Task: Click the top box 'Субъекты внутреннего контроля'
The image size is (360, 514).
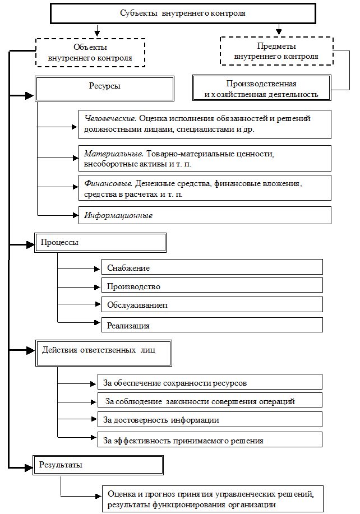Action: tap(183, 13)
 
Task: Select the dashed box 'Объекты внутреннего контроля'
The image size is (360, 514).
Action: tap(90, 53)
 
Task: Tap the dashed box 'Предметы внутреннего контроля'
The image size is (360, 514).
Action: tap(276, 51)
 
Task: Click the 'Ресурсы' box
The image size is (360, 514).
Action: tap(104, 87)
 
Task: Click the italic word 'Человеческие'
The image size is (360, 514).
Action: tap(110, 119)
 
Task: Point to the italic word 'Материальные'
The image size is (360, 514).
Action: tap(114, 153)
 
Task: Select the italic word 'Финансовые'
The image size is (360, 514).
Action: tap(108, 183)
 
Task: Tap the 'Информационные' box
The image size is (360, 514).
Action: tap(205, 215)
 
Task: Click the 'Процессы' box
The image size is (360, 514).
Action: tap(100, 243)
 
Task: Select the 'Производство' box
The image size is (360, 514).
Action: tap(212, 286)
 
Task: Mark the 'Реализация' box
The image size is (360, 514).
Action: tap(212, 325)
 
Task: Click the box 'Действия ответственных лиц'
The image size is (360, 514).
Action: tap(103, 353)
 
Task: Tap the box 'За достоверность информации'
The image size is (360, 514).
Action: tap(210, 420)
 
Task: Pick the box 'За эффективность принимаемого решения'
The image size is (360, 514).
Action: tap(210, 440)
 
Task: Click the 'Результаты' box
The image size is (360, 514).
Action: tap(99, 465)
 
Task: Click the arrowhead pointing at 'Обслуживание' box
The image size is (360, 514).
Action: tap(98, 305)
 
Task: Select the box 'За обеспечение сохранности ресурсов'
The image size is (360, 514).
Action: tap(210, 383)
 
